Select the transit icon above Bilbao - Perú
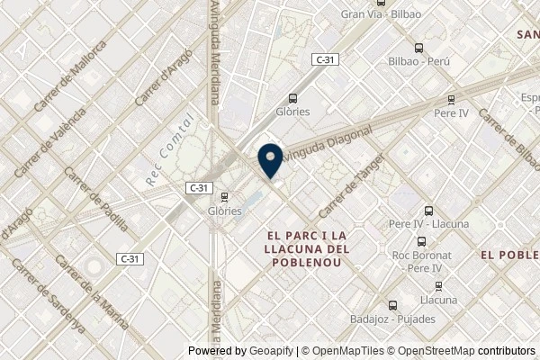pyautogui.click(x=418, y=49)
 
